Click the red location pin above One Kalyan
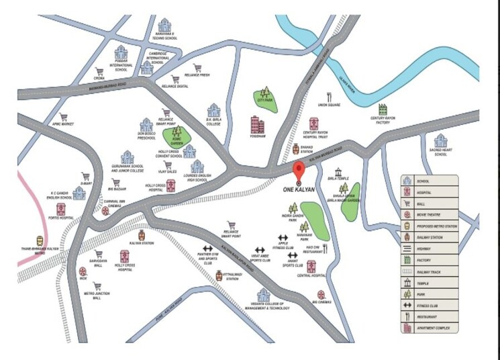300,169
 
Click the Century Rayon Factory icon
383,109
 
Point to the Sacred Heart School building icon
440,141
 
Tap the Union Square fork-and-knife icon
329,96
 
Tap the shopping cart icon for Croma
99,71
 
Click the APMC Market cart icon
64,117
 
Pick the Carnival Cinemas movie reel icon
105,210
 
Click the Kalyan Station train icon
142,235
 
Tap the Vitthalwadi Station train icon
219,275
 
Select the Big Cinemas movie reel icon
321,294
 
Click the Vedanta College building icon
263,294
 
